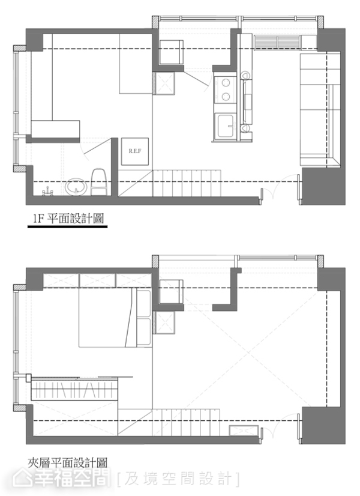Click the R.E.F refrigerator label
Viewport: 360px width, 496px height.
pos(135,151)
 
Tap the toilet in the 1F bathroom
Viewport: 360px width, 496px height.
pos(100,182)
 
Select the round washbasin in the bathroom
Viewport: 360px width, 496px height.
pos(76,187)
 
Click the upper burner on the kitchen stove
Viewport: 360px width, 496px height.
pos(226,83)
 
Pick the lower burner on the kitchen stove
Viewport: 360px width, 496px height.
pos(226,96)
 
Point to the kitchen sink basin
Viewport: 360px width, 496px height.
pos(226,126)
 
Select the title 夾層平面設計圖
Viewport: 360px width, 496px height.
pos(67,463)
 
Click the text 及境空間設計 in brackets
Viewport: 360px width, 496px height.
pos(179,479)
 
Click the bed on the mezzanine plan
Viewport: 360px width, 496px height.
pos(115,318)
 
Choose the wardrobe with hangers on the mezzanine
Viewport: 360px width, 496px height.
pos(74,390)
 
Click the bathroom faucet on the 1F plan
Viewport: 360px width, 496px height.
pos(47,192)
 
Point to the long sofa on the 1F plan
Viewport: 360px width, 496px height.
pos(320,110)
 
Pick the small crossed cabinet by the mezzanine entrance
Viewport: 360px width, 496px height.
pos(244,431)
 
